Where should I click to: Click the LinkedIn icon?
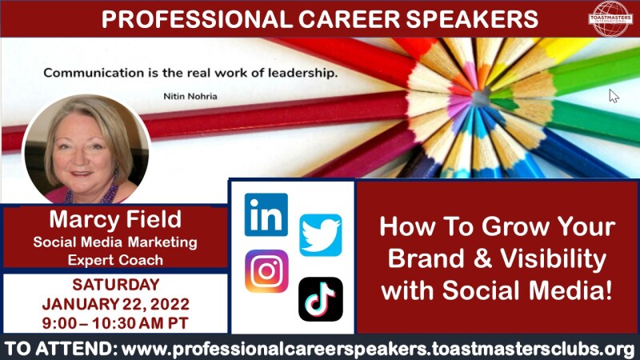(x=266, y=214)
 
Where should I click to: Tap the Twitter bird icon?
(x=321, y=235)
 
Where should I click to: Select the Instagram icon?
(x=266, y=271)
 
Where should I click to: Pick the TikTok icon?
(x=321, y=299)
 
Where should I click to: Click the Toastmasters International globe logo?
(x=610, y=18)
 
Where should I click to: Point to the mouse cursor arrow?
(x=614, y=96)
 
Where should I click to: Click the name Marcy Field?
(x=115, y=219)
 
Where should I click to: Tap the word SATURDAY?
(x=116, y=285)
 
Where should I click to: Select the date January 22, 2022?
(x=116, y=304)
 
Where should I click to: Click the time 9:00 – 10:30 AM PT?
(x=115, y=323)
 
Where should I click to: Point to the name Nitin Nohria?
(x=190, y=96)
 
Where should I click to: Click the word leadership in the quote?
(x=303, y=74)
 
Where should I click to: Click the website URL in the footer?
(x=378, y=350)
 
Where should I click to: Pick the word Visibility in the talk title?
(x=554, y=258)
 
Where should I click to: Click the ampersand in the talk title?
(x=482, y=258)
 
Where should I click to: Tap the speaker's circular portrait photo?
(x=86, y=150)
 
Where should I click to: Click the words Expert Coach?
(x=115, y=261)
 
